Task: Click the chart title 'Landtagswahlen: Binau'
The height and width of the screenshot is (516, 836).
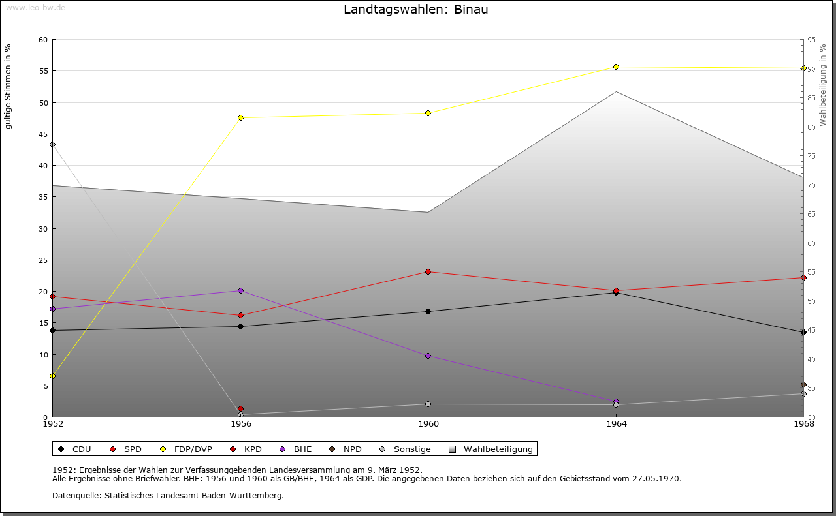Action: (416, 9)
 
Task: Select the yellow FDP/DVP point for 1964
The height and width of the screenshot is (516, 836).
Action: (616, 67)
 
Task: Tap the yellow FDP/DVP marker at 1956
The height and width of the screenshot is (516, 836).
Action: (241, 118)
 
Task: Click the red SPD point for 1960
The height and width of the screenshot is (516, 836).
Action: (428, 272)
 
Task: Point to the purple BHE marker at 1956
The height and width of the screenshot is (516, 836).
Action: (241, 290)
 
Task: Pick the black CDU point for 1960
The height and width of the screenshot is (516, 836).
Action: (428, 311)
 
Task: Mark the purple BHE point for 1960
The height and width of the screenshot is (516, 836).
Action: (428, 356)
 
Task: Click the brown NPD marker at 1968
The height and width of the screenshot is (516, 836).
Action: (803, 385)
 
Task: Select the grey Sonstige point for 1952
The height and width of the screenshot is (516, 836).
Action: (53, 144)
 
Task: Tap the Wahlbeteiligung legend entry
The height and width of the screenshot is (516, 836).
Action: (491, 449)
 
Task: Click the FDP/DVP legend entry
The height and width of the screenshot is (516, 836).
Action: (186, 449)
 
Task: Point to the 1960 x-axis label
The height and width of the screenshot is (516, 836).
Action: (428, 424)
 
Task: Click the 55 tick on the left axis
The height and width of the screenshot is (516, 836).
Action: (43, 71)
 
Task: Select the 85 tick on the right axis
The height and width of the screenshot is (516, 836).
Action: (811, 98)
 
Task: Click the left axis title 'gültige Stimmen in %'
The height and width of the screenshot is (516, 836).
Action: (8, 87)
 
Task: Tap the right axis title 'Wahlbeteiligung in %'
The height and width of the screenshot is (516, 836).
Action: (823, 85)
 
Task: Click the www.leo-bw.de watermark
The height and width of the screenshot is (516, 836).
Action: (35, 7)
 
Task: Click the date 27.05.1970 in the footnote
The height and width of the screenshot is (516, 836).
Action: (656, 478)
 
